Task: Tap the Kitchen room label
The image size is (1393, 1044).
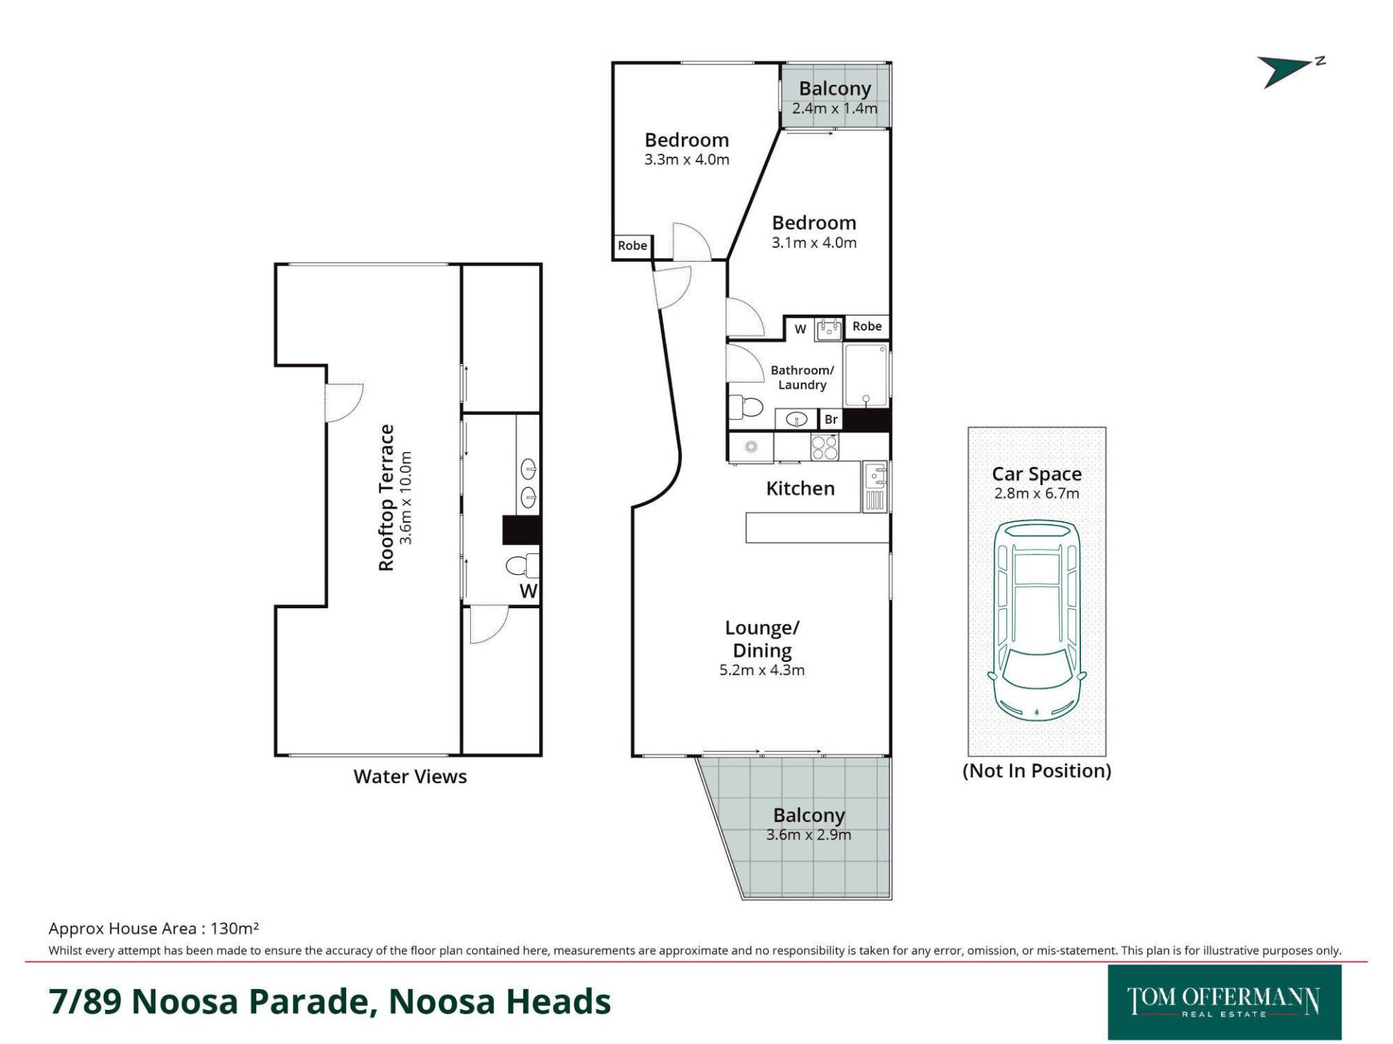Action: (800, 489)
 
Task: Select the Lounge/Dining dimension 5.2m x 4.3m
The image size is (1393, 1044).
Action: (762, 670)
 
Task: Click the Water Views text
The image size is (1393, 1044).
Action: (410, 776)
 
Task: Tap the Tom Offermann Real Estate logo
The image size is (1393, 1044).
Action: (1225, 1002)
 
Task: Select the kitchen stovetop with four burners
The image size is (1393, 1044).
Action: (824, 447)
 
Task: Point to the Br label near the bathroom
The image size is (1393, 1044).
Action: (831, 419)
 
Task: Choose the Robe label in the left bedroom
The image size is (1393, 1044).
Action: (633, 246)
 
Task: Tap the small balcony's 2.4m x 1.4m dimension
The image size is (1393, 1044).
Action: (835, 109)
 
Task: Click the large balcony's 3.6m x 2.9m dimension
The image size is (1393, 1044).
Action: (809, 835)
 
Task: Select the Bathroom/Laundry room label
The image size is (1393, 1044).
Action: (802, 378)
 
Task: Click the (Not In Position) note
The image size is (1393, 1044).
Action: (1037, 771)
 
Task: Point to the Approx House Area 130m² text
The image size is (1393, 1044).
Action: (154, 928)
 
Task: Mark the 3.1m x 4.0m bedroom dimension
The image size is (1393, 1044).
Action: (814, 243)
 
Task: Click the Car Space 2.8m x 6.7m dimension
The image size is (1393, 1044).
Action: (1037, 494)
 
